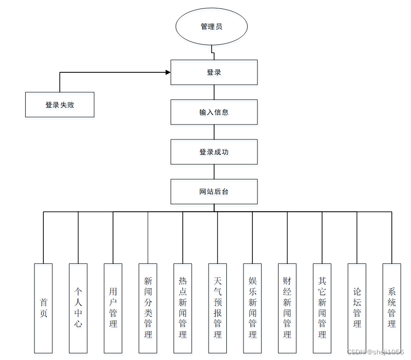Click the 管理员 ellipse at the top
point(211,27)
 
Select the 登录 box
point(214,72)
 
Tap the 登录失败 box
point(60,105)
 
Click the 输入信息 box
point(214,112)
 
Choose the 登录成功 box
point(214,152)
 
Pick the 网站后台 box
point(214,192)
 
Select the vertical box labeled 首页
point(43,308)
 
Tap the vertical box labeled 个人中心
point(78,308)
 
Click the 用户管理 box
point(113,308)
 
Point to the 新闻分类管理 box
point(148,308)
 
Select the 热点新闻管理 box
point(183,308)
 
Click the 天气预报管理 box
point(217,308)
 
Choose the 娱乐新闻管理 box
point(252,308)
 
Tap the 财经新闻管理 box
point(287,308)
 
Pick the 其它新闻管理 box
point(322,308)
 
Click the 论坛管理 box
point(357,308)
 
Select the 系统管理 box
point(392,308)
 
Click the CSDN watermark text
point(376,352)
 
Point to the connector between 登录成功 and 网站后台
point(214,172)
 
